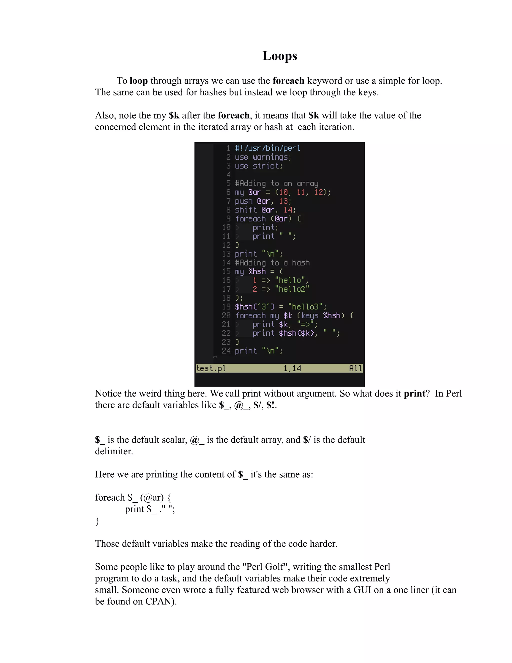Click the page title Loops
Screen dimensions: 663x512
pyautogui.click(x=280, y=56)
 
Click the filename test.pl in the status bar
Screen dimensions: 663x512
pyautogui.click(x=211, y=368)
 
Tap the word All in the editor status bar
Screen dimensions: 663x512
pyautogui.click(x=355, y=368)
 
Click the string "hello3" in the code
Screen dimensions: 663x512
pyautogui.click(x=307, y=307)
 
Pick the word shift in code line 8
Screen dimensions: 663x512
pyautogui.click(x=246, y=210)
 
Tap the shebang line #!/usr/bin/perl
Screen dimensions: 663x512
pyautogui.click(x=267, y=148)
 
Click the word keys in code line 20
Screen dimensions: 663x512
pyautogui.click(x=310, y=315)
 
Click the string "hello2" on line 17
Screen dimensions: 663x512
pyautogui.click(x=292, y=289)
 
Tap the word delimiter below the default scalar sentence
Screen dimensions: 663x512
pyautogui.click(x=114, y=451)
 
